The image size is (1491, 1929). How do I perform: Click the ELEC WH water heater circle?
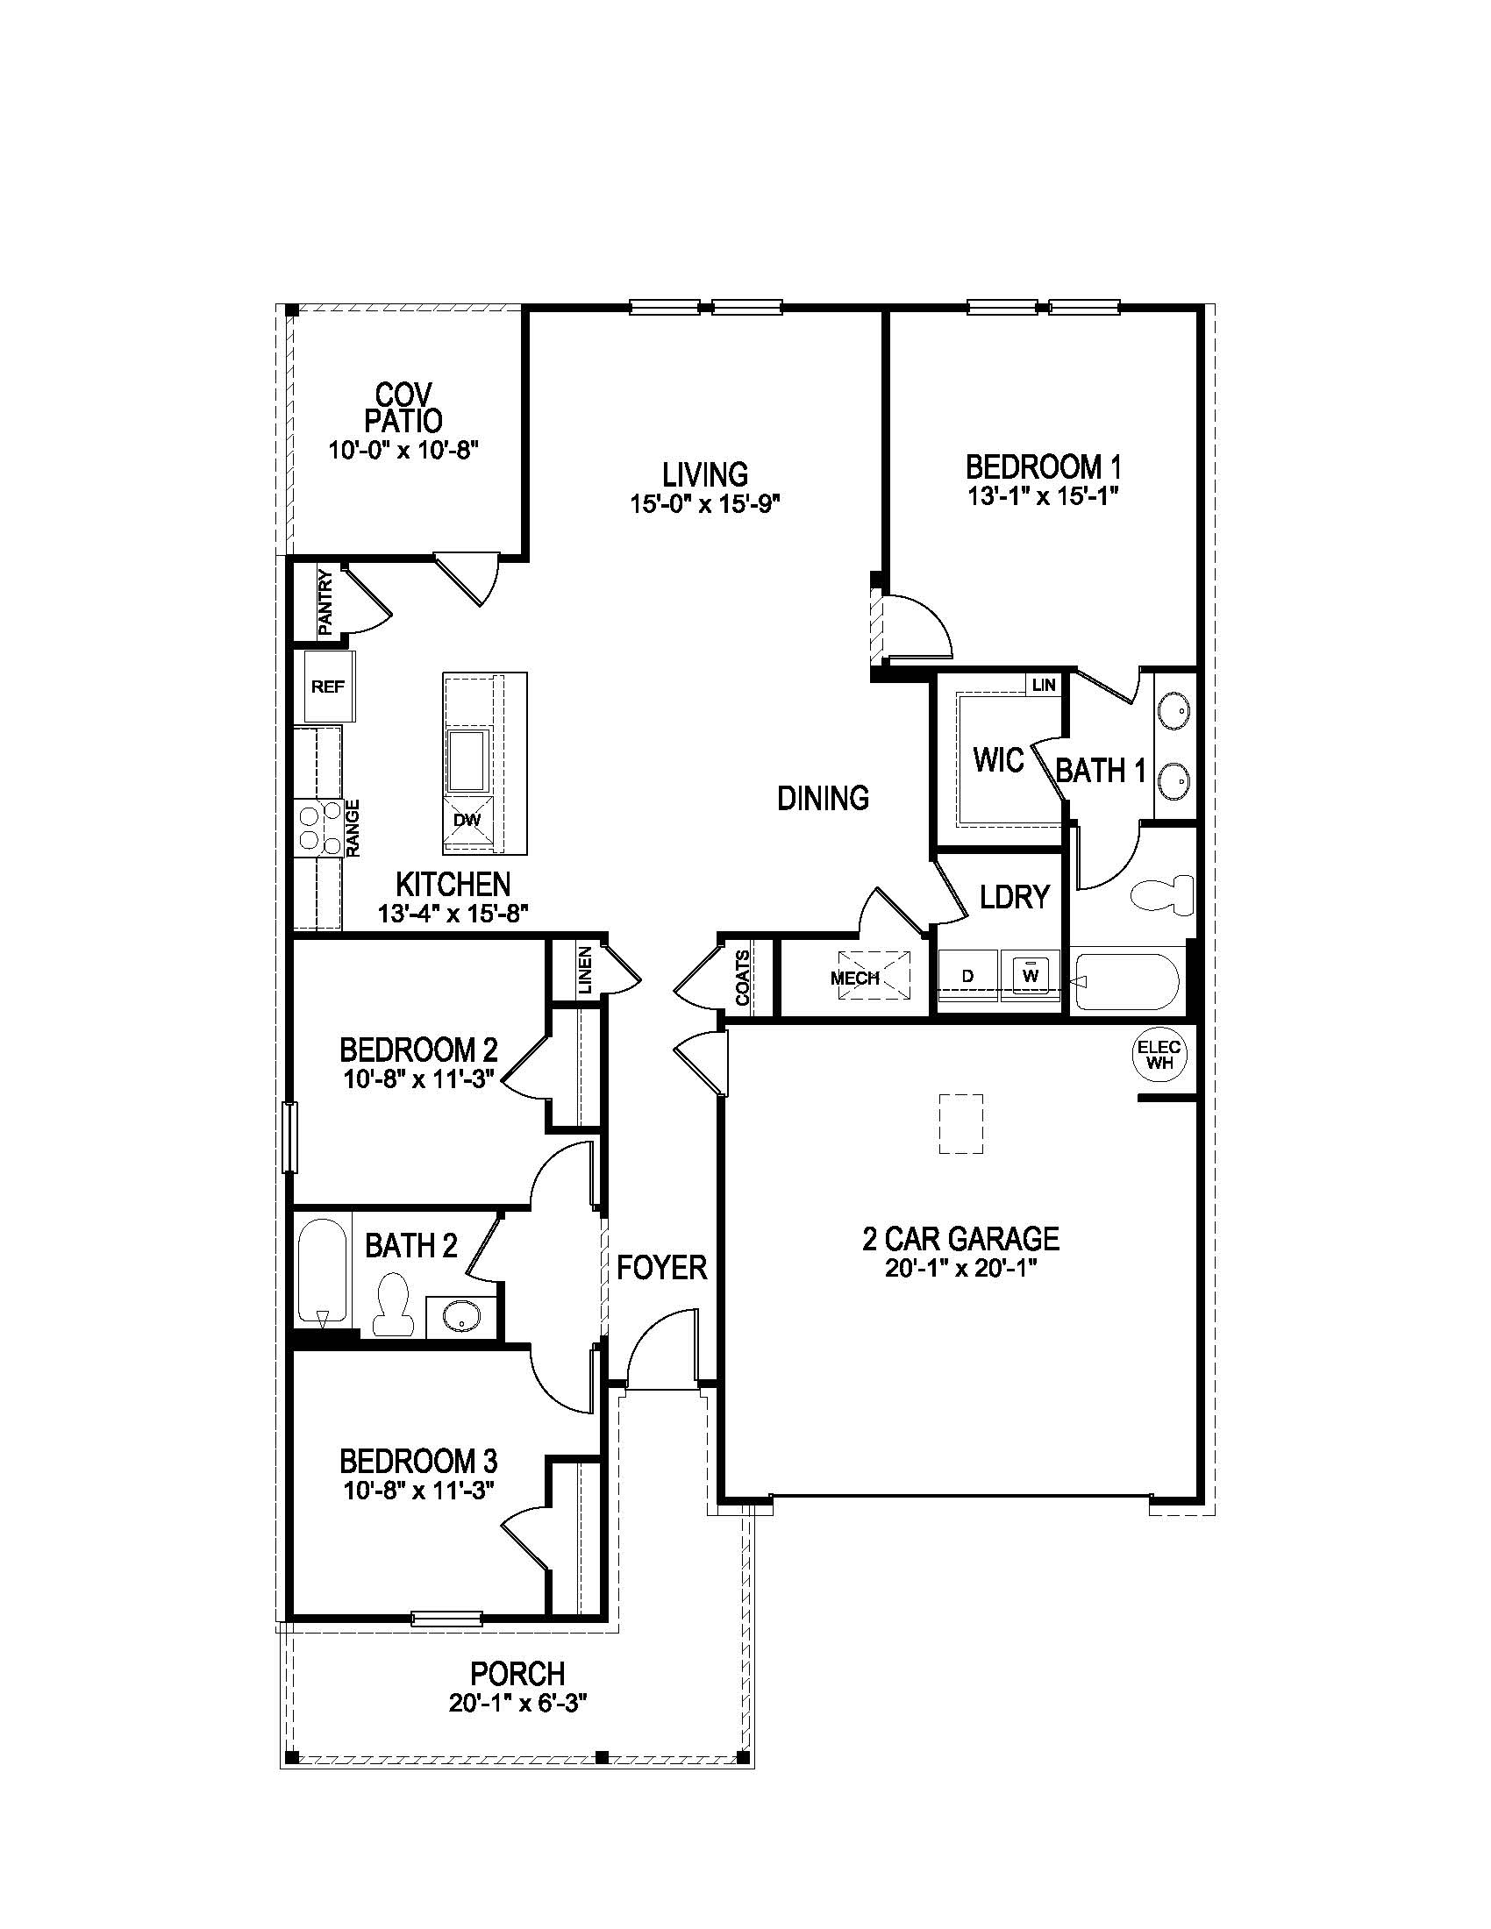1159,1055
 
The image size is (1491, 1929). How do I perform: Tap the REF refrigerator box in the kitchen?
329,687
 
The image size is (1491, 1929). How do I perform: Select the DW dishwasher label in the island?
467,820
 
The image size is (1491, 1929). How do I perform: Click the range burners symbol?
320,828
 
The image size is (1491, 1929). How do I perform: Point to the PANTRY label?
325,602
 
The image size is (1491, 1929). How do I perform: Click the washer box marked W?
1030,975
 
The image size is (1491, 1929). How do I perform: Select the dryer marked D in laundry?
968,976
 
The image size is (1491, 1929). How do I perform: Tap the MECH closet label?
855,978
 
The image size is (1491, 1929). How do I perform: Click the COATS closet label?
743,978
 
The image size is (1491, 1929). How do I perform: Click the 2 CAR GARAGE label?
960,1238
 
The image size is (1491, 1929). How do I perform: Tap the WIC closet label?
998,759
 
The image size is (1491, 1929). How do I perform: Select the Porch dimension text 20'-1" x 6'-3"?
517,1726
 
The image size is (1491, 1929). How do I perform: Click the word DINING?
823,798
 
